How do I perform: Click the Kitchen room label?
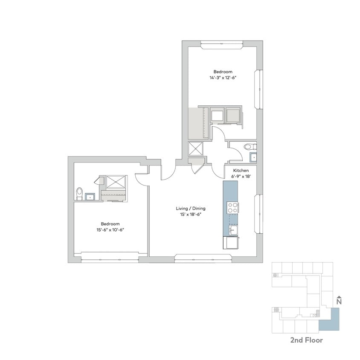click(241, 170)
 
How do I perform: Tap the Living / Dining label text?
click(191, 209)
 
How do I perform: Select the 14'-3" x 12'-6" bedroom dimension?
click(223, 78)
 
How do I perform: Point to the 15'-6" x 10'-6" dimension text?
click(110, 229)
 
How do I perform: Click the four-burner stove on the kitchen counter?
click(232, 208)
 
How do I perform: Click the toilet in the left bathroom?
click(79, 194)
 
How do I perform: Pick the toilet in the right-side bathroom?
click(248, 147)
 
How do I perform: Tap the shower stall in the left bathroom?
click(114, 183)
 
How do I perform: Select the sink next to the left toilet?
click(91, 197)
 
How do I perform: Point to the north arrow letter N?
click(339, 302)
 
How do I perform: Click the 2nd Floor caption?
click(306, 340)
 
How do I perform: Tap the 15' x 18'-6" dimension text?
click(191, 215)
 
